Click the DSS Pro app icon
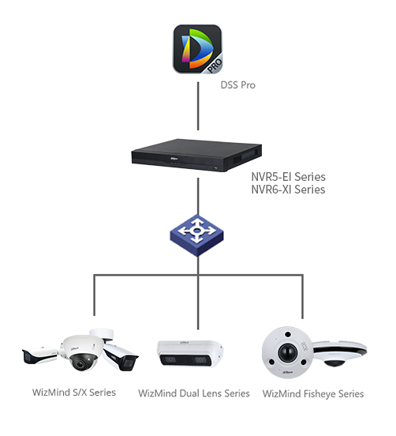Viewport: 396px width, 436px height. coord(197,49)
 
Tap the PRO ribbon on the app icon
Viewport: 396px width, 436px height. coord(214,66)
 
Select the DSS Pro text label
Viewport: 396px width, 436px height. coord(237,85)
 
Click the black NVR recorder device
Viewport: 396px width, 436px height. coord(196,155)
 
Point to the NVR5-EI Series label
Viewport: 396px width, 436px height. coord(288,177)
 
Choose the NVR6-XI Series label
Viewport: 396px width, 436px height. coord(288,190)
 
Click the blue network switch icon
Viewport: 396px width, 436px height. coord(196,235)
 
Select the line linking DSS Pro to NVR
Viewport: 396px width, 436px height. coord(198,106)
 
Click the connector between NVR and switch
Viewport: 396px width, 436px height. coord(198,197)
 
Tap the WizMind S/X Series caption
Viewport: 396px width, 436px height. coord(74,393)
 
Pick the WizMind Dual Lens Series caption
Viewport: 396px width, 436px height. coord(194,393)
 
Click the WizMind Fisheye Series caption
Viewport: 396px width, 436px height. coord(313,393)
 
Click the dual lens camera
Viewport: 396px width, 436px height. coord(190,353)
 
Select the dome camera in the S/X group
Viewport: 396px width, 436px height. coord(80,353)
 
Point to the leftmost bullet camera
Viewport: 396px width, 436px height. coord(39,355)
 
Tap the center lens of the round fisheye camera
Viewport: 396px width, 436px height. coord(288,352)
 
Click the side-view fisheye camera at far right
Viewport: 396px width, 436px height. coord(340,354)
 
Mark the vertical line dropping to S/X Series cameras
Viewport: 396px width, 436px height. coord(94,295)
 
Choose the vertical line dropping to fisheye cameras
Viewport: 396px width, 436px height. coord(302,296)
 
